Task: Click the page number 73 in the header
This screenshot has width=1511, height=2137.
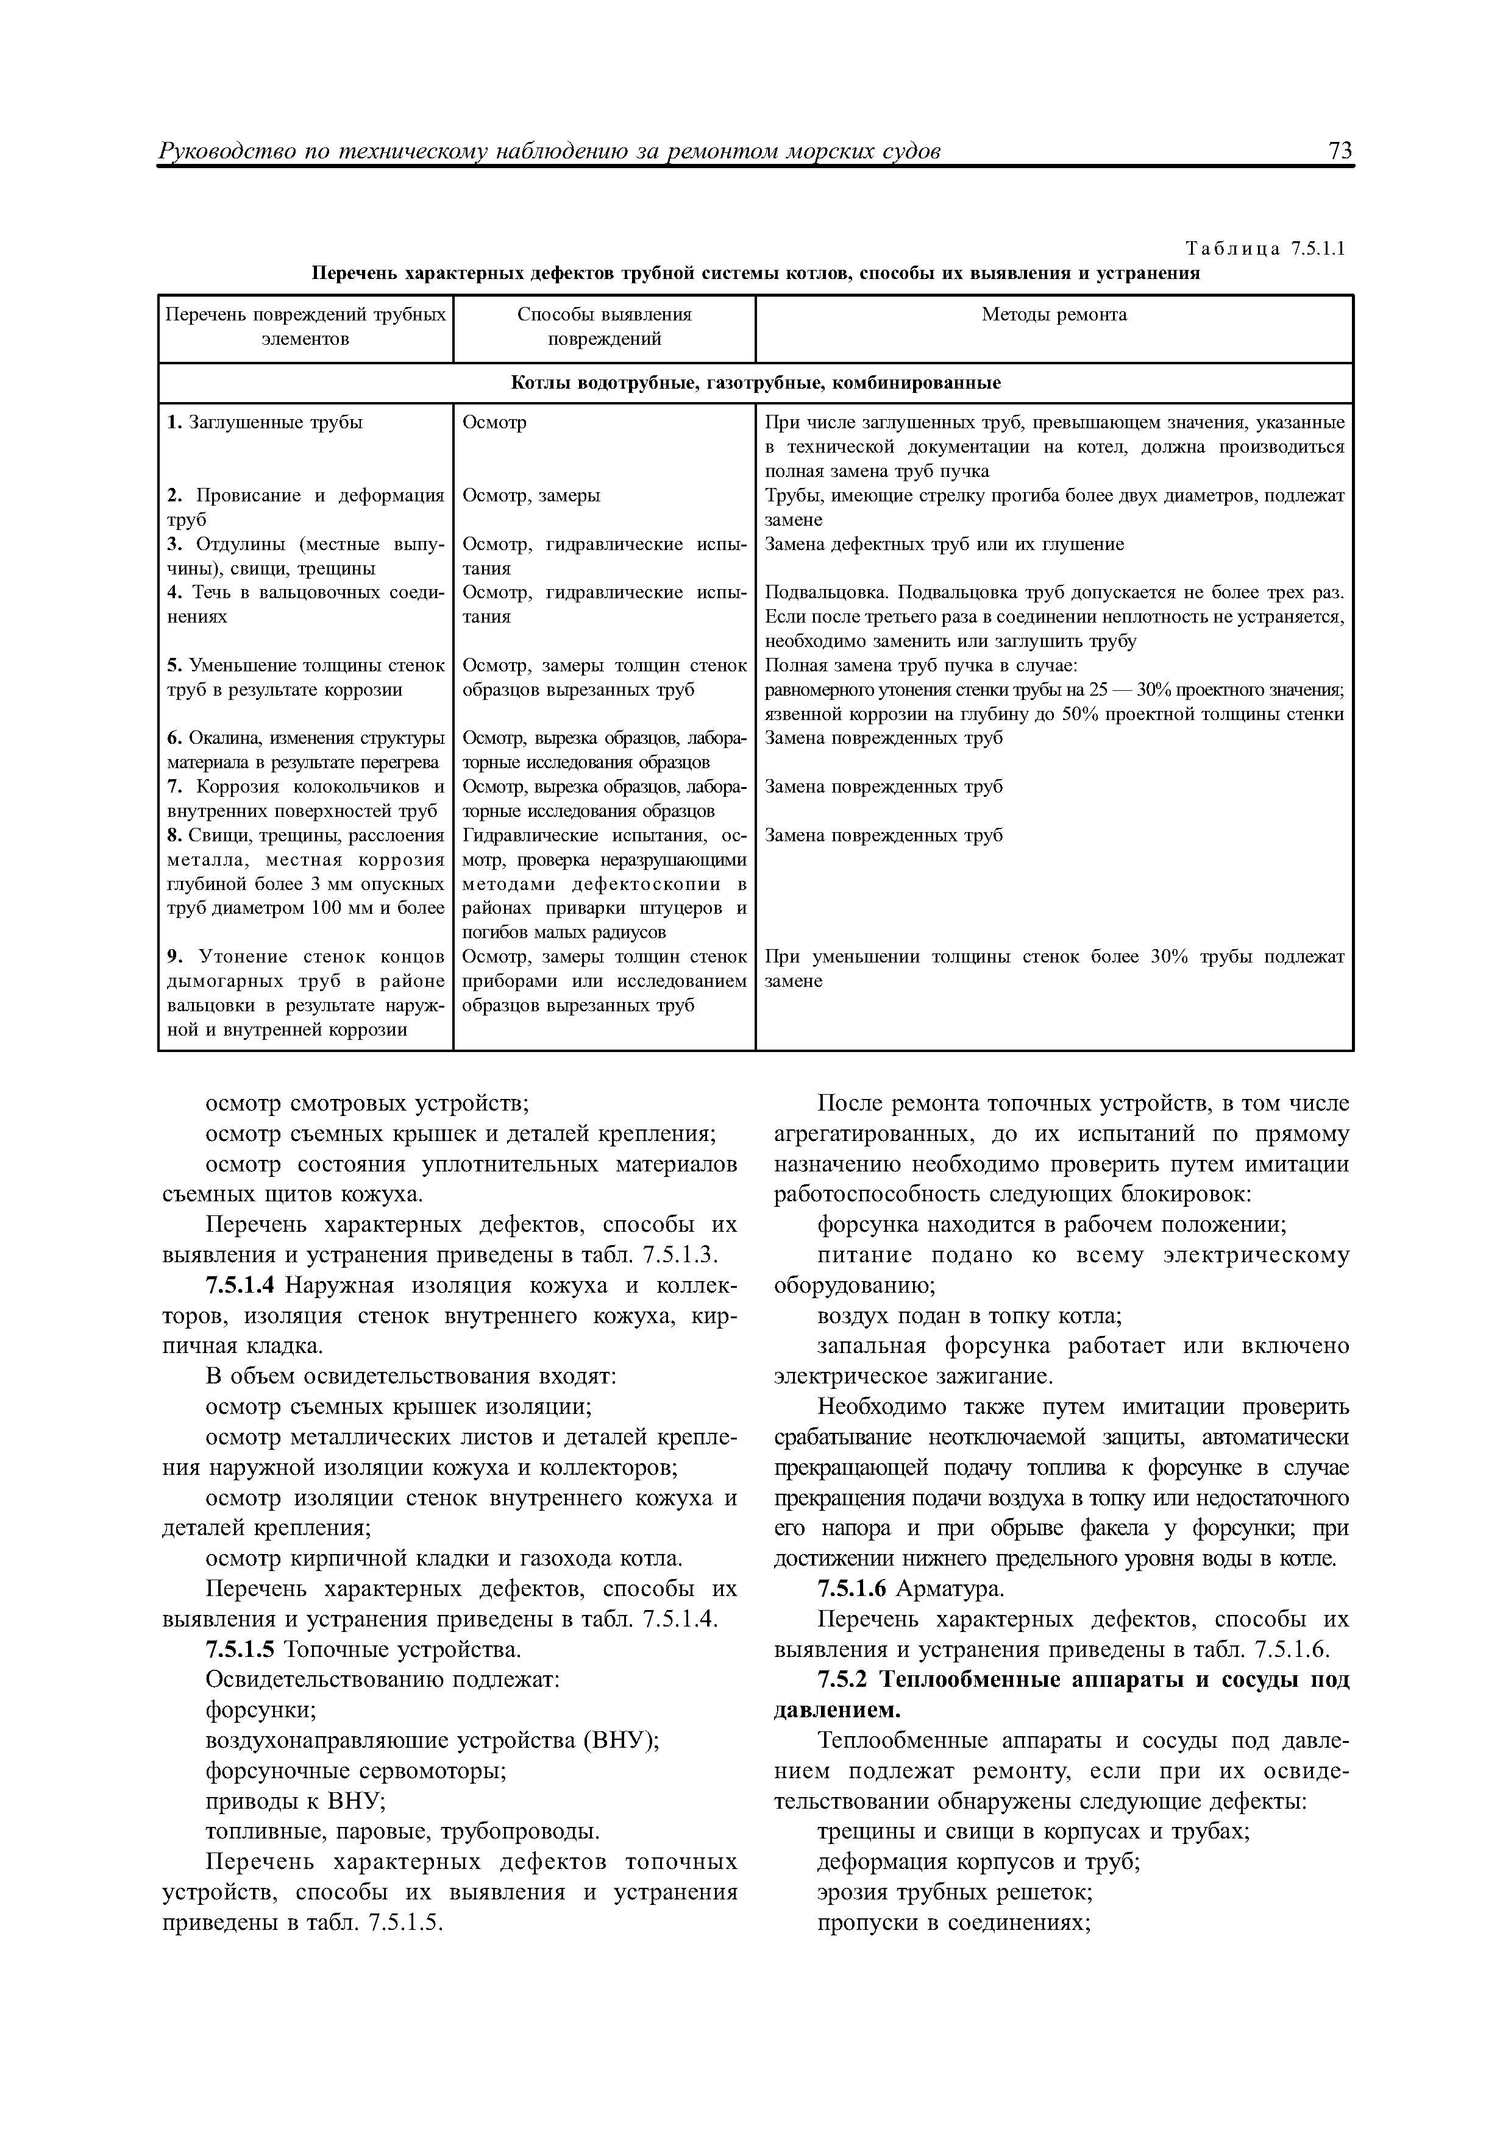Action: [1340, 151]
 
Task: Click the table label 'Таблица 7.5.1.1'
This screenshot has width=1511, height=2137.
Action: [1264, 249]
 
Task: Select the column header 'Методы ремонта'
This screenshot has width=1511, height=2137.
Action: [1054, 314]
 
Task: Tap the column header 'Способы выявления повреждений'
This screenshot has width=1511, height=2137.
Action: [604, 327]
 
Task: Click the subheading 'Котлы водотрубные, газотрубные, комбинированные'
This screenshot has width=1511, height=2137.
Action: [755, 383]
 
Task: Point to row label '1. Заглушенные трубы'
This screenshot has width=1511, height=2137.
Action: [265, 423]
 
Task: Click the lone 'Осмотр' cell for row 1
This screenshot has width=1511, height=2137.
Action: [494, 423]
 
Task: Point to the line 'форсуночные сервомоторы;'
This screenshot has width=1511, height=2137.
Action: [355, 1771]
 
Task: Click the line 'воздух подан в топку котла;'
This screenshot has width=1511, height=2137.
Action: [969, 1317]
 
